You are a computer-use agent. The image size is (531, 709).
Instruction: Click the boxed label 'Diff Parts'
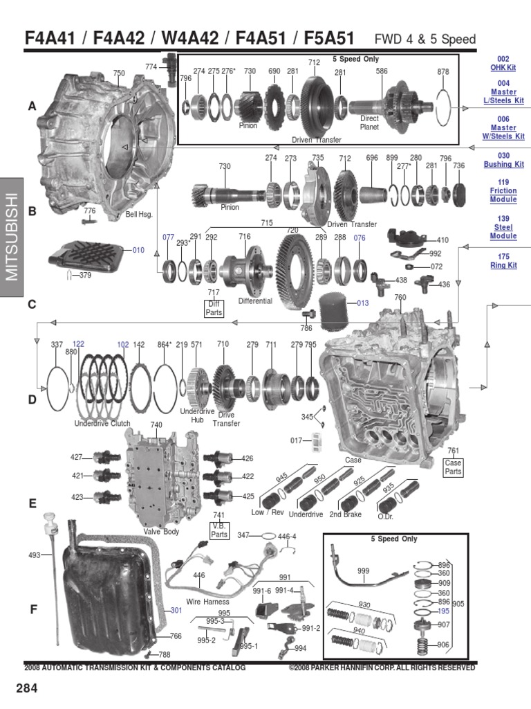pyautogui.click(x=214, y=308)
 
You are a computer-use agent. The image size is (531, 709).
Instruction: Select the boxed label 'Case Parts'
pyautogui.click(x=453, y=467)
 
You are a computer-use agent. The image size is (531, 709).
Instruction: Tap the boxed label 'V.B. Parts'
pyautogui.click(x=219, y=530)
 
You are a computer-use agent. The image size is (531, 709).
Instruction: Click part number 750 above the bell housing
pyautogui.click(x=119, y=73)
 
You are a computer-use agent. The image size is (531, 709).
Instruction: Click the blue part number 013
pyautogui.click(x=364, y=303)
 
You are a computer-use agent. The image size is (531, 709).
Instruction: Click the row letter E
pyautogui.click(x=32, y=504)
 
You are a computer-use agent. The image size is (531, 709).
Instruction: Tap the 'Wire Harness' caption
pyautogui.click(x=207, y=602)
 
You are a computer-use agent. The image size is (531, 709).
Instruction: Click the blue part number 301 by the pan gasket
pyautogui.click(x=176, y=610)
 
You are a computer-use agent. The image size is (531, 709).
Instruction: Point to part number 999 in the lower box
pyautogui.click(x=364, y=570)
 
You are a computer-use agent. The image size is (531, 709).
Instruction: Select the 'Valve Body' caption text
pyautogui.click(x=160, y=531)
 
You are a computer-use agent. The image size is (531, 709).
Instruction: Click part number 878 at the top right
pyautogui.click(x=443, y=71)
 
